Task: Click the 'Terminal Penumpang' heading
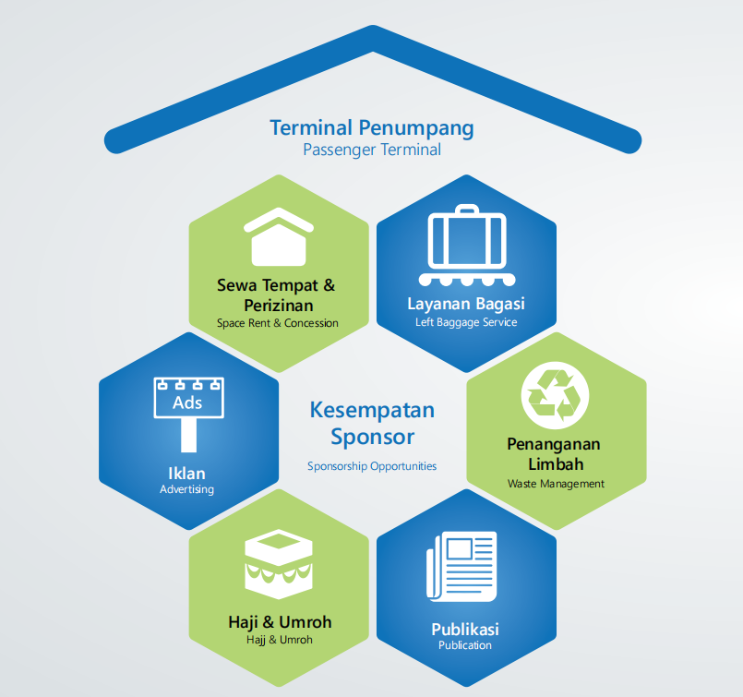372,128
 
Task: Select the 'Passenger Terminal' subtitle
372,150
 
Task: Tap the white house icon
279,236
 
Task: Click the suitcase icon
467,245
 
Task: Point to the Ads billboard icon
188,415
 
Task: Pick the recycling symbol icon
555,396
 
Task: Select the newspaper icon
461,566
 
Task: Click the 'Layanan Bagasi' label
466,305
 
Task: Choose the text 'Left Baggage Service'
466,322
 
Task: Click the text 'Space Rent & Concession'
278,323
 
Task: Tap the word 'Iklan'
186,474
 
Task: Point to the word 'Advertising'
186,489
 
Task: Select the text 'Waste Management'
556,484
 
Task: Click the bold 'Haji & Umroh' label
280,621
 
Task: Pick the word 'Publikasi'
465,630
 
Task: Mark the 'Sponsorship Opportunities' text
372,466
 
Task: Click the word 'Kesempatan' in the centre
372,410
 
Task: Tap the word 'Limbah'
556,463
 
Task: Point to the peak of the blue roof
373,26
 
